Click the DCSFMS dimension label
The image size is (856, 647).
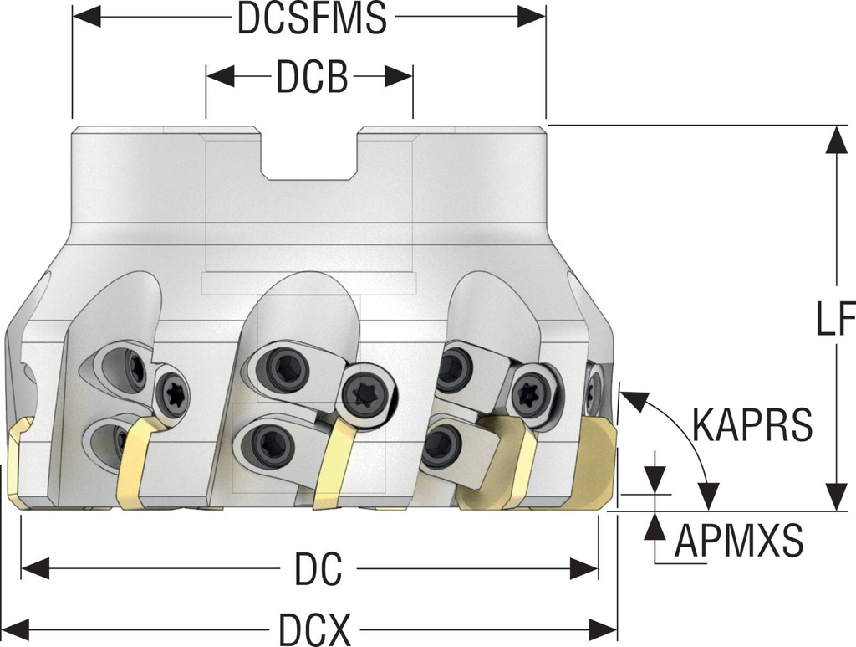point(312,18)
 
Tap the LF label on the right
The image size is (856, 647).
point(834,319)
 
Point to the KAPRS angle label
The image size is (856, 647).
point(752,425)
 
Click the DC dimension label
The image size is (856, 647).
point(318,570)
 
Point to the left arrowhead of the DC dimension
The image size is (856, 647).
point(34,570)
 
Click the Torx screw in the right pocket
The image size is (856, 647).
point(530,394)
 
